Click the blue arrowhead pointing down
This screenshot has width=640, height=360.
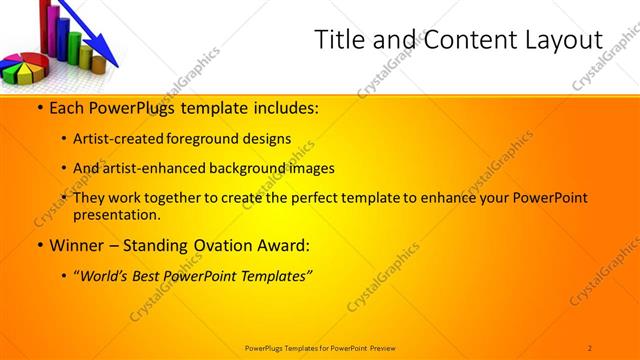[x=109, y=57]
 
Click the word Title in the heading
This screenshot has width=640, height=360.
[x=338, y=40]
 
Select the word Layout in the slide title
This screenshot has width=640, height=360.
[x=561, y=40]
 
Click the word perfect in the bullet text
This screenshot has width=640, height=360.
[x=316, y=198]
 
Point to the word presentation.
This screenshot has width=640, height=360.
[x=117, y=214]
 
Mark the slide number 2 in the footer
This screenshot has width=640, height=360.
[x=590, y=347]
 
